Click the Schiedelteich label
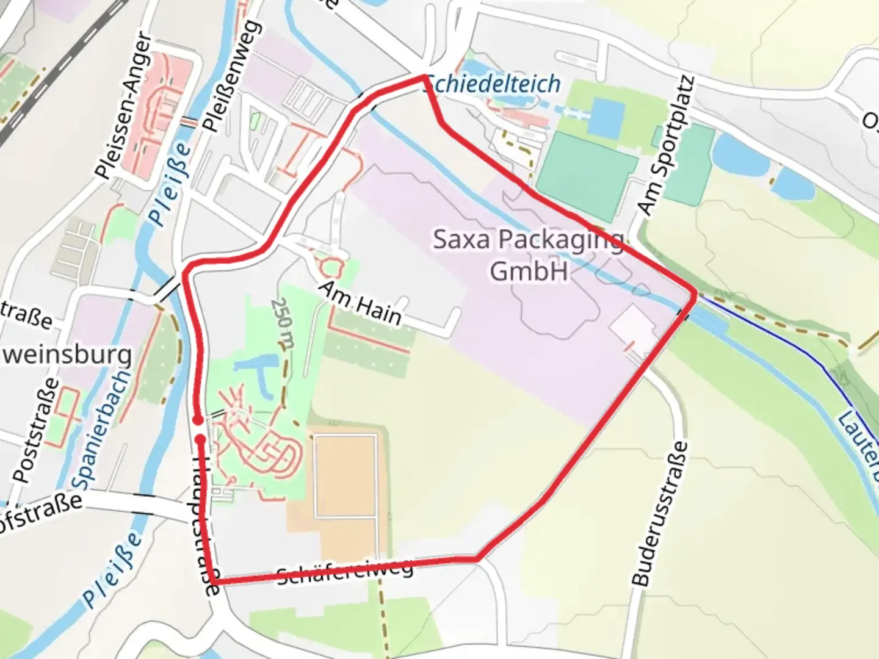point(493,84)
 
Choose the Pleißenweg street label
point(232,76)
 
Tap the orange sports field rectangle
point(345,475)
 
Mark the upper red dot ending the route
point(198,420)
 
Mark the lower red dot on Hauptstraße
point(200,439)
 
